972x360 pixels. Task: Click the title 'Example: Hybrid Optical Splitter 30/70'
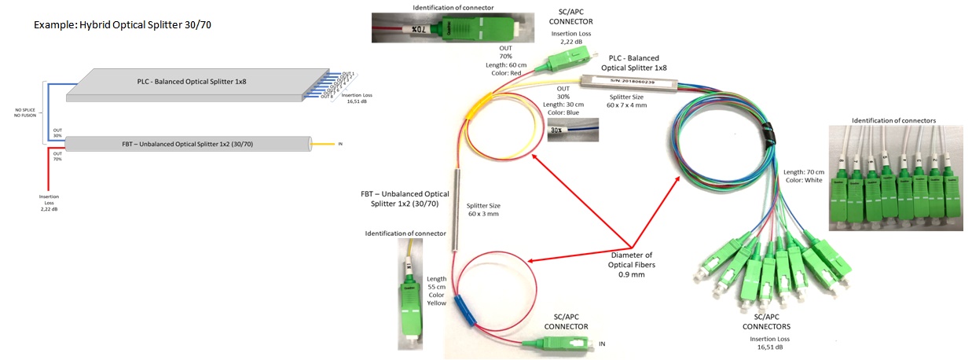123,25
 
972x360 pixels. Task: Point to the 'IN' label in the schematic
340,145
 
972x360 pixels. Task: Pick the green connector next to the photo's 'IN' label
559,343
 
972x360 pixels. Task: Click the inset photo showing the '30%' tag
572,131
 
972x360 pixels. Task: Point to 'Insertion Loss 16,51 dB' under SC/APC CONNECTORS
766,343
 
